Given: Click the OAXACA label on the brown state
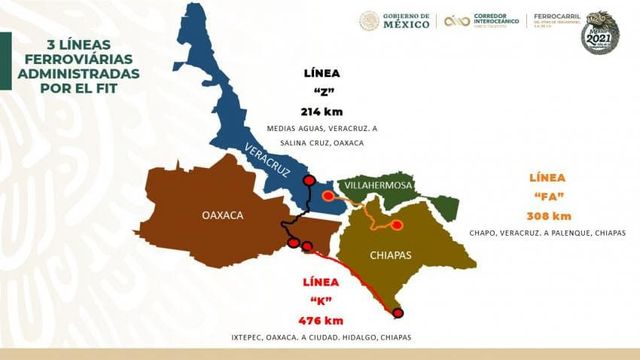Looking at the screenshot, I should tap(223, 214).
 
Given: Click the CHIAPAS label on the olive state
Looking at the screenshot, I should tap(391, 255).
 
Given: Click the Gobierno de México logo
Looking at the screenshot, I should tap(395, 20).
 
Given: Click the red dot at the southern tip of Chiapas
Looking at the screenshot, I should tap(398, 313).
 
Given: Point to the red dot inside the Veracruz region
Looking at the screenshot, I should tap(309, 180).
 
